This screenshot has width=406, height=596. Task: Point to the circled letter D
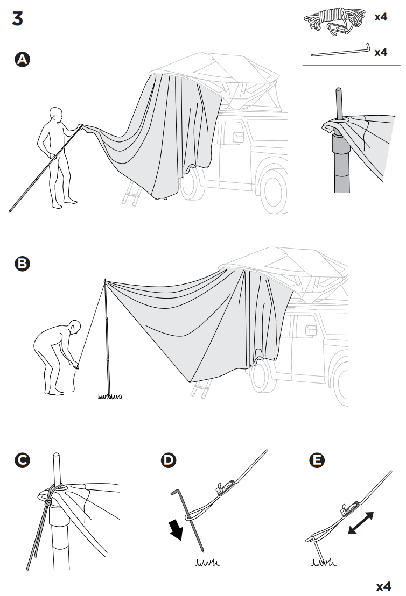point(168,460)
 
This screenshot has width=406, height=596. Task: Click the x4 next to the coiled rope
point(380,17)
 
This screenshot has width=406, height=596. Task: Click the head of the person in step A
point(55,115)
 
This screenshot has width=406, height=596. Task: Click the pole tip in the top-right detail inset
point(338,93)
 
